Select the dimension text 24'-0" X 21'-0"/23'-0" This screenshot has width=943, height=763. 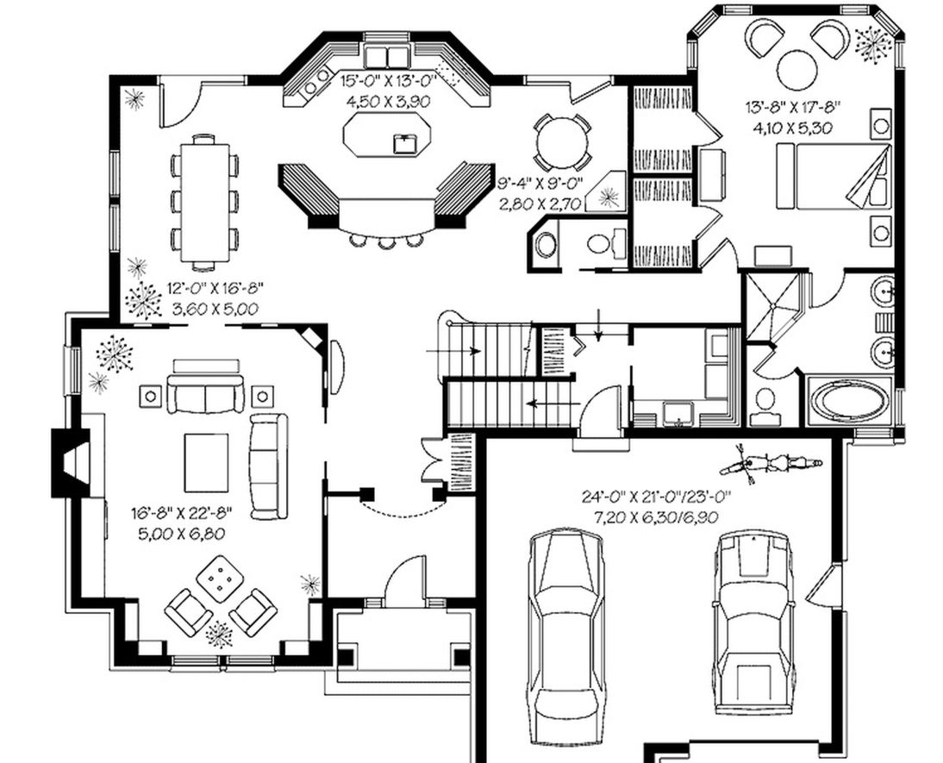pyautogui.click(x=656, y=497)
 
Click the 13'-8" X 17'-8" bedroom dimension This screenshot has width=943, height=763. pyautogui.click(x=793, y=107)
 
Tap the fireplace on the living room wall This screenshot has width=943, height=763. pyautogui.click(x=71, y=461)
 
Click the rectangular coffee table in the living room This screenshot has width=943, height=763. pyautogui.click(x=206, y=463)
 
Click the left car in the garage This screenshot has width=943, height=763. pyautogui.click(x=565, y=622)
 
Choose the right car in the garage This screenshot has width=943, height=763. pyautogui.click(x=753, y=622)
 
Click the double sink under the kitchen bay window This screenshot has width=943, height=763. pyautogui.click(x=388, y=56)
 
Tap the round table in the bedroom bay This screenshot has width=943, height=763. pyautogui.click(x=798, y=68)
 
